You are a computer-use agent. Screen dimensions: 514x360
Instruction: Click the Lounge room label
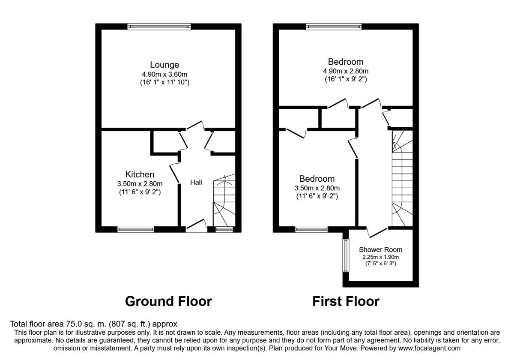(164, 65)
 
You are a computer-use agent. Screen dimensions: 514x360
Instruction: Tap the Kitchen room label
(140, 174)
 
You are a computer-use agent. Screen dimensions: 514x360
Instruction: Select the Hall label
(196, 182)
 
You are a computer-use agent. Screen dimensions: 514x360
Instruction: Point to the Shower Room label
(380, 249)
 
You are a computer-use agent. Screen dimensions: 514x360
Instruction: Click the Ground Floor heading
(168, 301)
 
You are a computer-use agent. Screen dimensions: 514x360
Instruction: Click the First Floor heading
(346, 301)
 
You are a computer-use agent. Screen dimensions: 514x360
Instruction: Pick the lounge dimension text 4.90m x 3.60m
(164, 75)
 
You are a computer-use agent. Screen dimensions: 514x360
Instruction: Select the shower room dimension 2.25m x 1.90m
(380, 257)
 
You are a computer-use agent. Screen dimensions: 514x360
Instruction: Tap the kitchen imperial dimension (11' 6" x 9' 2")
(140, 192)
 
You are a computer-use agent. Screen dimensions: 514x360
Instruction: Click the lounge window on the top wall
(159, 27)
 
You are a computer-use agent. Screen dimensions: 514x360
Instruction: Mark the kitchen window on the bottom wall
(136, 229)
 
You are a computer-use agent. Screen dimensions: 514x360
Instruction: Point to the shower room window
(346, 255)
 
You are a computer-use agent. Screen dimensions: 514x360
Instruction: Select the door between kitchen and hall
(174, 173)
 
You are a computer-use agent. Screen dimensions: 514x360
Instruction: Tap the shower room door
(377, 232)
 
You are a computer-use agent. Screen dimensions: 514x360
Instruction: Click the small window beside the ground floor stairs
(224, 229)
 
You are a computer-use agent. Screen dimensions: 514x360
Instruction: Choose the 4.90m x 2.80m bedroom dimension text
(346, 71)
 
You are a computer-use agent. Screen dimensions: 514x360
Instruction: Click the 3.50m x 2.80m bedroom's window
(311, 229)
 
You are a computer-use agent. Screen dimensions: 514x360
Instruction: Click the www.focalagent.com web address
(429, 348)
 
